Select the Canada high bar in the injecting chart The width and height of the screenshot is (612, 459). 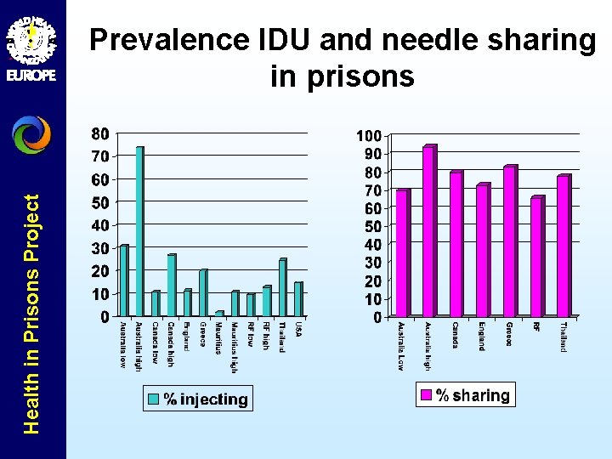tap(171, 285)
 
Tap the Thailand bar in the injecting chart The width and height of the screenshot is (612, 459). tap(282, 287)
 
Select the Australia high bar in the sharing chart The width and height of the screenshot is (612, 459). tap(428, 231)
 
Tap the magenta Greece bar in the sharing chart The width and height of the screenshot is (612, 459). tap(509, 241)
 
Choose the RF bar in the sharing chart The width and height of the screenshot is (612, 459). tap(536, 257)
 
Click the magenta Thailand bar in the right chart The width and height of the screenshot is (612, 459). tap(563, 246)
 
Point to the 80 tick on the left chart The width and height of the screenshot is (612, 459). tap(99, 133)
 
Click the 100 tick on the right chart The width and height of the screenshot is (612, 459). tap(368, 136)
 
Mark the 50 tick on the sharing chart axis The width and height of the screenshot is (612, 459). tap(371, 226)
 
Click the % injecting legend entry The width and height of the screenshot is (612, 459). tap(197, 399)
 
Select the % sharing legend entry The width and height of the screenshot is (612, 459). tap(464, 395)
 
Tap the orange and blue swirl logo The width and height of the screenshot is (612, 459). tap(31, 134)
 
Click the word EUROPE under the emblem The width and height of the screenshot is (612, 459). tap(31, 75)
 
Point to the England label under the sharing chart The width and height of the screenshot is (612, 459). tap(481, 336)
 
